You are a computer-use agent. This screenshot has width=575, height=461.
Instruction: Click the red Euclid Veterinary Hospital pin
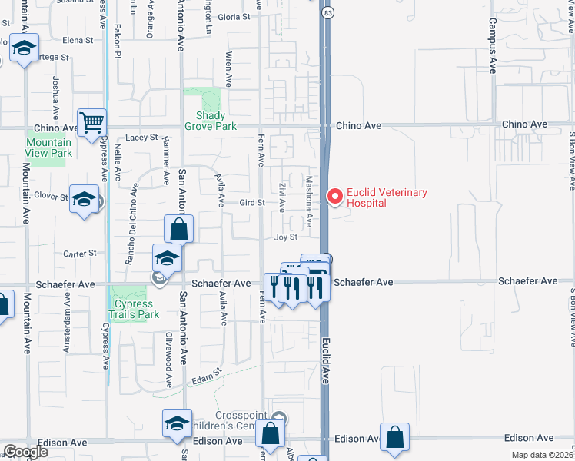click(x=335, y=197)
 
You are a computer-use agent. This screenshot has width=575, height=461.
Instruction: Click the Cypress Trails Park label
click(x=133, y=309)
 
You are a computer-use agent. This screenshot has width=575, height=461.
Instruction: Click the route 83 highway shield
click(x=328, y=13)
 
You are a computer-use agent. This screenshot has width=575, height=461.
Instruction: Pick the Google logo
click(x=25, y=452)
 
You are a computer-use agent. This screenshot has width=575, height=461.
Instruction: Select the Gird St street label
click(x=251, y=203)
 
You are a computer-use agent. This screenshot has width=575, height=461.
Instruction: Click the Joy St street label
click(x=286, y=237)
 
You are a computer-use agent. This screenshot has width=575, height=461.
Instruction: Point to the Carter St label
click(x=80, y=253)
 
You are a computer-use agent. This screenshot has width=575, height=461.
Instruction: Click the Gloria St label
click(x=234, y=17)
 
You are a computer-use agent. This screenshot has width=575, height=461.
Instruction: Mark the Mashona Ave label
click(x=309, y=202)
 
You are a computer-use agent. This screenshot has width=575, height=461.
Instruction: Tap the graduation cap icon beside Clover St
click(x=85, y=199)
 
